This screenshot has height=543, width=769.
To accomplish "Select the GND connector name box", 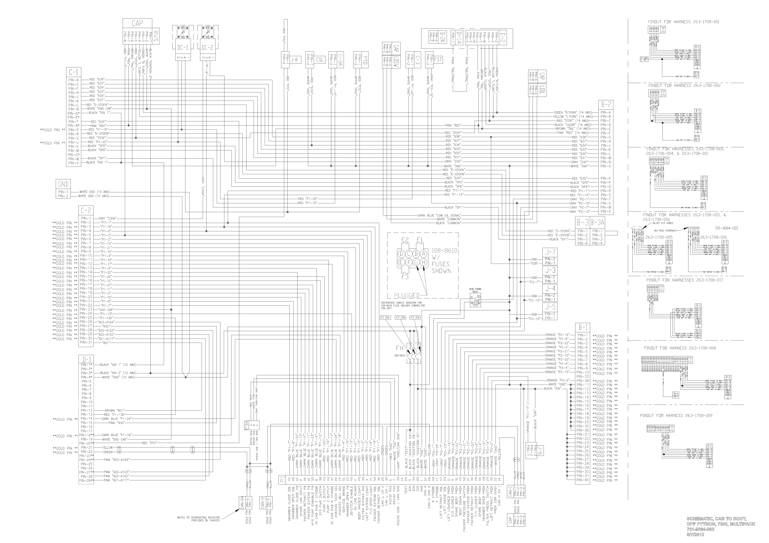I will tap(63, 184).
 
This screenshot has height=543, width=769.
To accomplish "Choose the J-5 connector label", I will tap(551, 307).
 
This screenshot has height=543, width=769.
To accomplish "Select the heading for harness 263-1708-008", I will tap(680, 348).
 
